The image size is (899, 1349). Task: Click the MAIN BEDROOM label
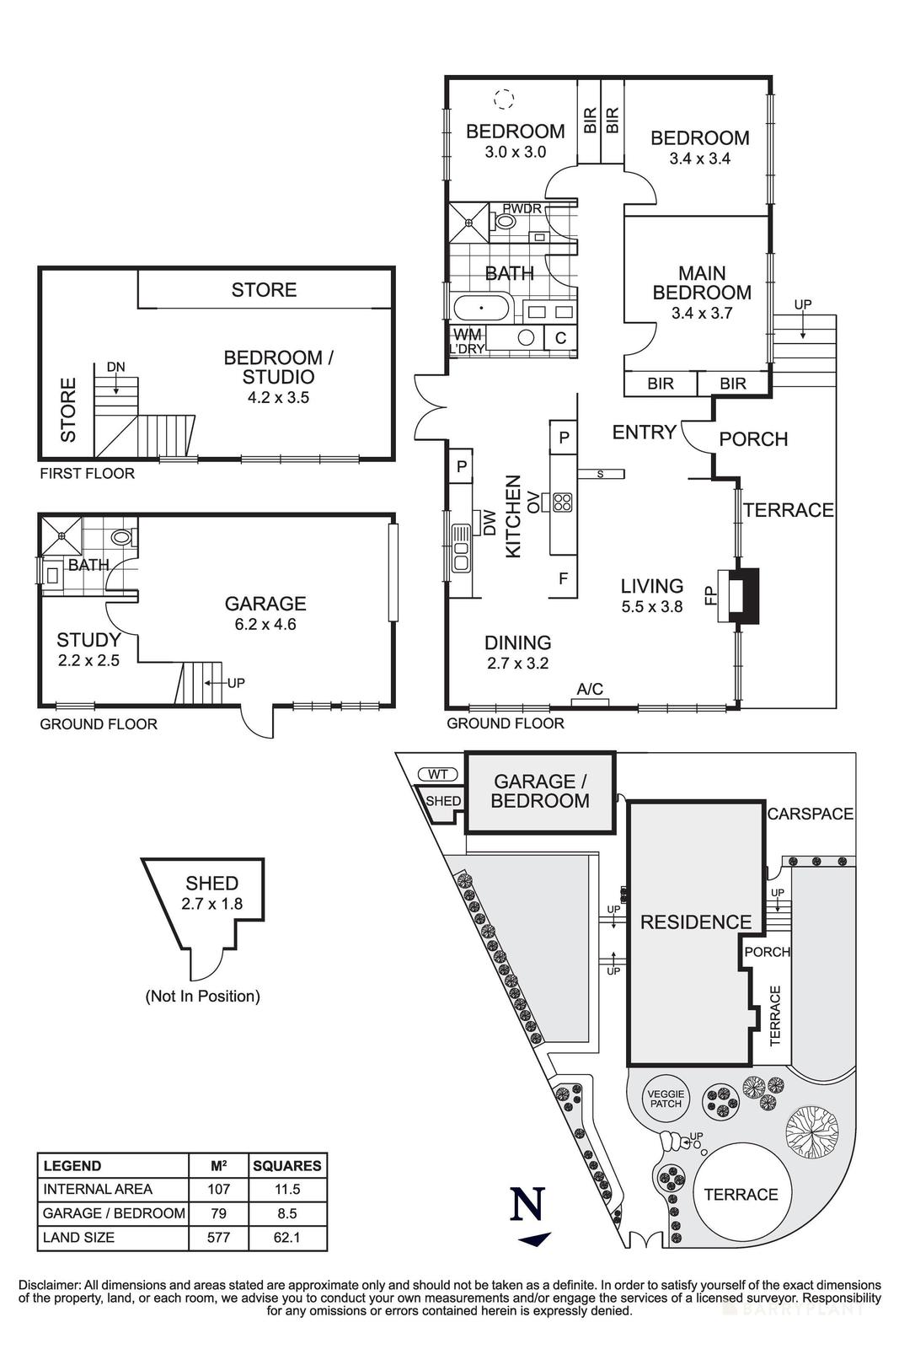[702, 283]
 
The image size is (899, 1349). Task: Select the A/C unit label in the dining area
[590, 690]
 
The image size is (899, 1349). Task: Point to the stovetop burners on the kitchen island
[562, 503]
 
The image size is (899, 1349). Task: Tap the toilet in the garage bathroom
[123, 536]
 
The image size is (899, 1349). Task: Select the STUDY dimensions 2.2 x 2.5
[88, 660]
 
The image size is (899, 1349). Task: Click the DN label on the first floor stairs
[115, 367]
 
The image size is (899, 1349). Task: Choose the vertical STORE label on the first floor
[68, 410]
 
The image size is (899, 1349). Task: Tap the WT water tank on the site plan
[436, 773]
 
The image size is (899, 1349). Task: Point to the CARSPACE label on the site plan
[810, 814]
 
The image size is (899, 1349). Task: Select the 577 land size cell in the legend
[218, 1238]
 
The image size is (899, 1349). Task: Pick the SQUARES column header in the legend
[287, 1166]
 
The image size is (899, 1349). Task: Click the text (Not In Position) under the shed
[202, 996]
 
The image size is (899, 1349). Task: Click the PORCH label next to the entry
[753, 439]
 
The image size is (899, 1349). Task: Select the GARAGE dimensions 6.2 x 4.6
[265, 625]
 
